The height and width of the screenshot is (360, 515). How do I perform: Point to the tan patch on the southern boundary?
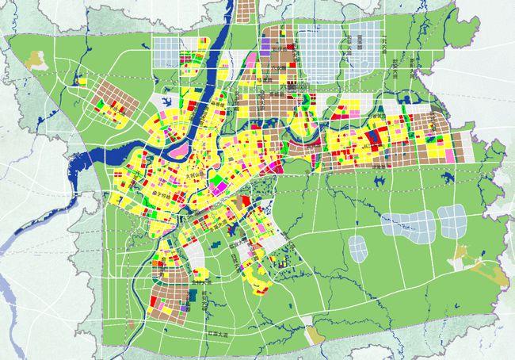(315, 335)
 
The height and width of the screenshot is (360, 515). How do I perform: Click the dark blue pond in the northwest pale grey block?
(168, 100)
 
